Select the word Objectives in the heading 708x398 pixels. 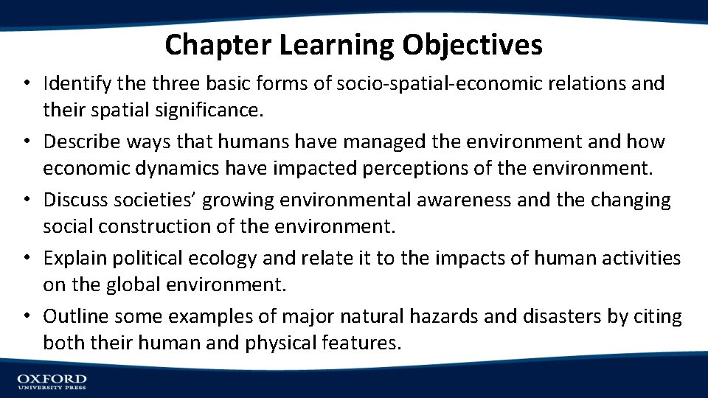[x=472, y=45]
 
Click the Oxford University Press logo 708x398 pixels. [x=52, y=381]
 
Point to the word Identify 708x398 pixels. [x=72, y=84]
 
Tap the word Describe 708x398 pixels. [x=77, y=142]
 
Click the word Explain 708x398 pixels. [x=71, y=258]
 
